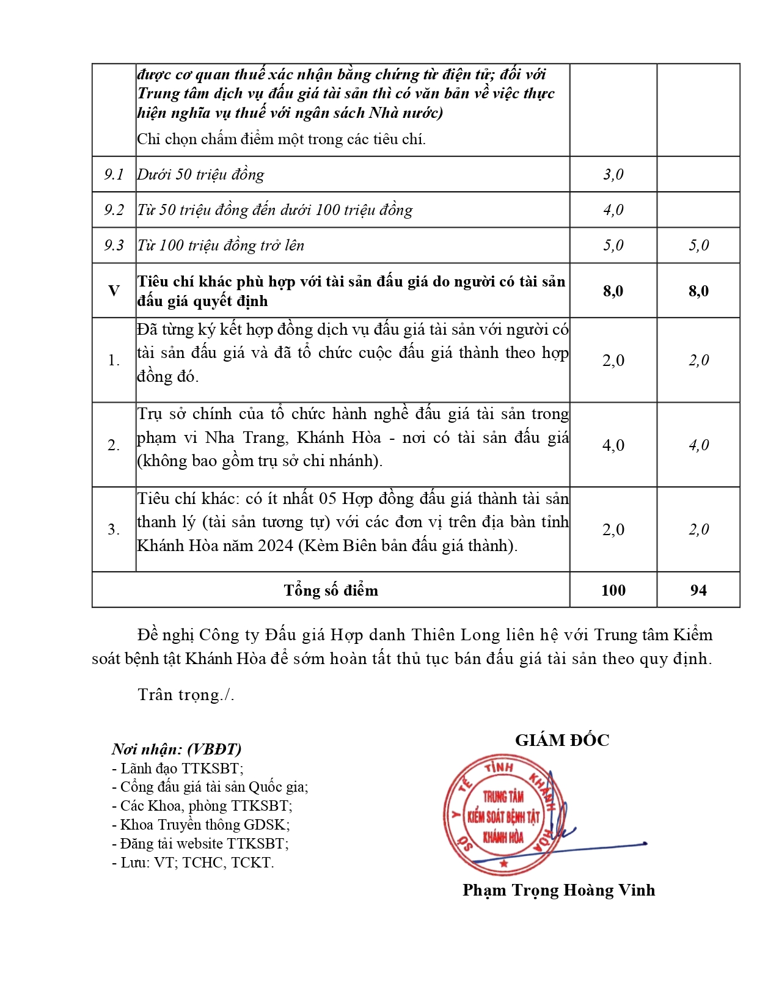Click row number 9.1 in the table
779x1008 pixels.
(114, 175)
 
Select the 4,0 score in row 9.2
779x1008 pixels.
(613, 210)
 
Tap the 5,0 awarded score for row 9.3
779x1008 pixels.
(698, 246)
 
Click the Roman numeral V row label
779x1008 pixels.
(114, 291)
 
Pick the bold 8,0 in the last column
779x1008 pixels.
(698, 291)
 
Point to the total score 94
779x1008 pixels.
(698, 590)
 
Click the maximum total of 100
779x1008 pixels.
(613, 590)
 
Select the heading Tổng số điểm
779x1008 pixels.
(331, 590)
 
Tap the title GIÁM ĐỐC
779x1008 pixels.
(562, 740)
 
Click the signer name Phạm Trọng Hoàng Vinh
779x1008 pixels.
(558, 890)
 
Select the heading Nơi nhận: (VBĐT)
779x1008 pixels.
(177, 749)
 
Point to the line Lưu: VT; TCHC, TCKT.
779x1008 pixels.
(193, 863)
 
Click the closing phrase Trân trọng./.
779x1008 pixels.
(186, 695)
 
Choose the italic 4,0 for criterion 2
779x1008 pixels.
(698, 445)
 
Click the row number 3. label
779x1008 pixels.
(114, 530)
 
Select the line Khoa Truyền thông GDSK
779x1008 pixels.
(201, 825)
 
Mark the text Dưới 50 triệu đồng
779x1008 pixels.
(201, 175)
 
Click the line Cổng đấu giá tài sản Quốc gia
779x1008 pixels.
(210, 787)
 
